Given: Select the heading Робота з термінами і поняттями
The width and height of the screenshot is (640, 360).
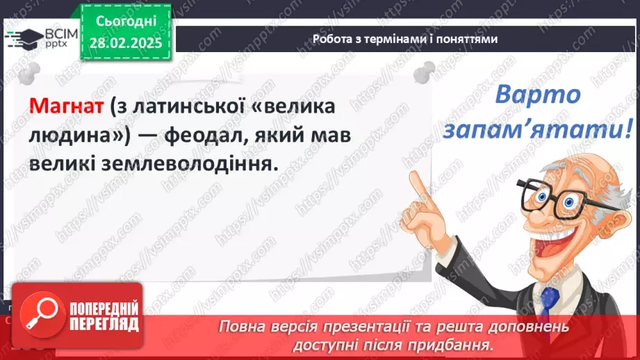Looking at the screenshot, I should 405,39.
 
